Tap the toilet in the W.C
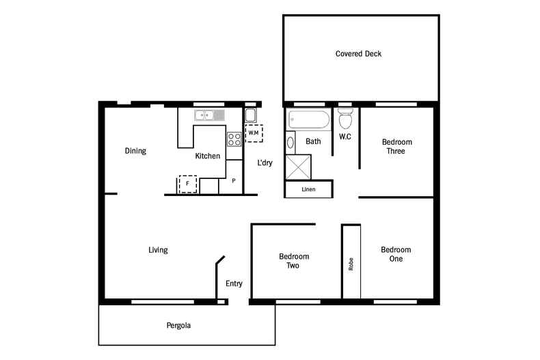pyautogui.click(x=345, y=120)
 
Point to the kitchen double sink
pyautogui.click(x=208, y=115)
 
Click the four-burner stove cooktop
pyautogui.click(x=234, y=139)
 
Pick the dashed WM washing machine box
pyautogui.click(x=254, y=133)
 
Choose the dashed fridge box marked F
pyautogui.click(x=187, y=184)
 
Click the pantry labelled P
pyautogui.click(x=234, y=181)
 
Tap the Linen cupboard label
pyautogui.click(x=308, y=189)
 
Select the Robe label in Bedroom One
pyautogui.click(x=351, y=264)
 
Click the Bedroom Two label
pyautogui.click(x=294, y=261)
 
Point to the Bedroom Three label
pyautogui.click(x=397, y=146)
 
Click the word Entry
pyautogui.click(x=234, y=283)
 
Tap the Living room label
pyautogui.click(x=158, y=250)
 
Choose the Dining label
pyautogui.click(x=135, y=151)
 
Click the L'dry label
pyautogui.click(x=265, y=163)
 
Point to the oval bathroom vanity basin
pyautogui.click(x=291, y=143)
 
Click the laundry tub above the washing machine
pyautogui.click(x=251, y=114)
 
